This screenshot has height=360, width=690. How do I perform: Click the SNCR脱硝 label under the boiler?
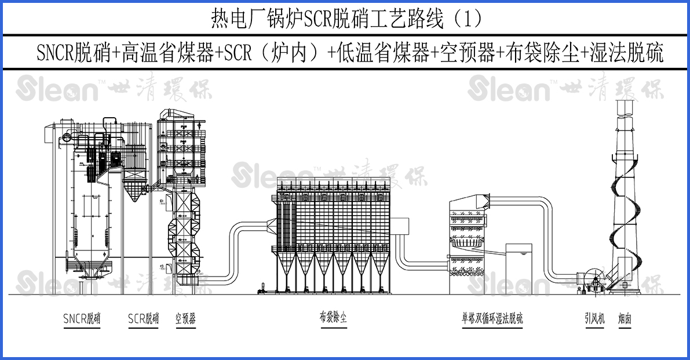(x=82, y=319)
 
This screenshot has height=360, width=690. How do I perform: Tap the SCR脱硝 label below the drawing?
(x=143, y=319)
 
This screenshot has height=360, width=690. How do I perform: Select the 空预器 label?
(x=185, y=319)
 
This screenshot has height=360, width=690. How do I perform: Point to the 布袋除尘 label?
(x=333, y=318)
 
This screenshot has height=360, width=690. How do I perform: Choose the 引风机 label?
(x=594, y=318)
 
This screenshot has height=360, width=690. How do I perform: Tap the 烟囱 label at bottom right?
(x=625, y=318)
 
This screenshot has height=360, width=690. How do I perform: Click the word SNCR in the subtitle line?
(x=53, y=53)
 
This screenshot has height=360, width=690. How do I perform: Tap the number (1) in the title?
(x=468, y=20)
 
